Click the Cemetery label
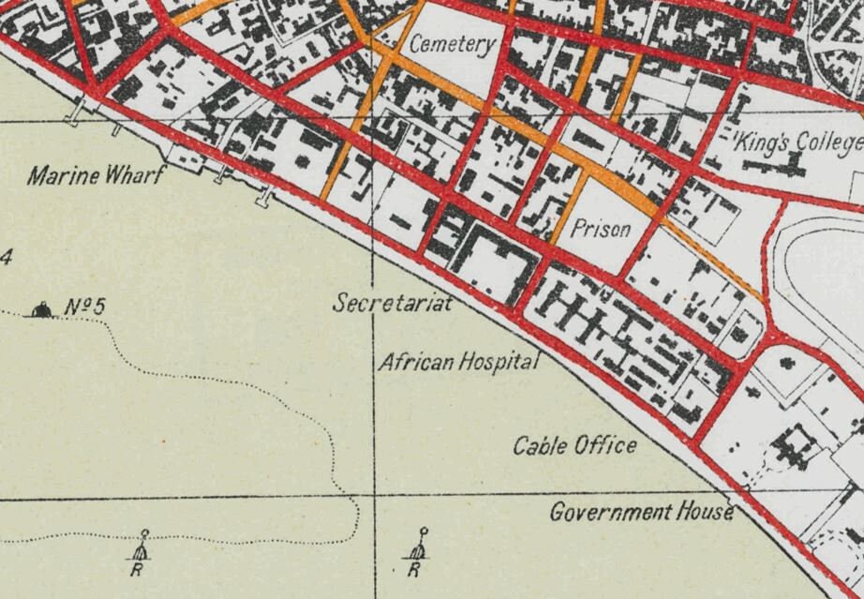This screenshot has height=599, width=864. tap(452, 44)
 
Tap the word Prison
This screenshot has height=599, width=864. tap(600, 229)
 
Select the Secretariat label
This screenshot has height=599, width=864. tap(393, 304)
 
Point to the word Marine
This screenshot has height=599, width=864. tap(62, 175)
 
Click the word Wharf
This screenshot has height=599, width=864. tap(133, 175)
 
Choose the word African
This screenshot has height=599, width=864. tap(416, 362)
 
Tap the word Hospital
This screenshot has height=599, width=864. tap(499, 362)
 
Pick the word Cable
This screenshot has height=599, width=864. tap(538, 446)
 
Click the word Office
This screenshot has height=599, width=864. tap(604, 446)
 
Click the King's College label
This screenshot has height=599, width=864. tap(797, 142)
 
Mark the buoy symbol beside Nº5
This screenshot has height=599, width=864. tap(40, 309)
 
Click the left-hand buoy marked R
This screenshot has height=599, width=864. tap(142, 547)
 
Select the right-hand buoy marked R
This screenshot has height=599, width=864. tap(418, 547)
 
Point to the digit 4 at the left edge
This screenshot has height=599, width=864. tap(5, 258)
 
